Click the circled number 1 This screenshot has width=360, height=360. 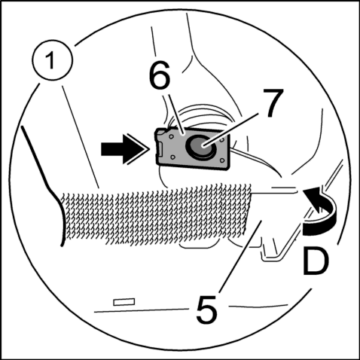(52, 60)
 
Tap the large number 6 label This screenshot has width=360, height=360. (160, 75)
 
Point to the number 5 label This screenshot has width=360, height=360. (206, 310)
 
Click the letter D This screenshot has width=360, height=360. (316, 261)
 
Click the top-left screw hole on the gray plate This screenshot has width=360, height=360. (171, 137)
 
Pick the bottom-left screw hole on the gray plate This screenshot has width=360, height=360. (172, 157)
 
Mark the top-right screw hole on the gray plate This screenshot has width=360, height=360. (222, 141)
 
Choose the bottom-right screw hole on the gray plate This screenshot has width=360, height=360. (221, 160)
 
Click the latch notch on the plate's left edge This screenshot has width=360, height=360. (160, 149)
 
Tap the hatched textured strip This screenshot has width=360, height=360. (157, 213)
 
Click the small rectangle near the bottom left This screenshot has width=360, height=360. (124, 302)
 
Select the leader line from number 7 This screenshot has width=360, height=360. (230, 129)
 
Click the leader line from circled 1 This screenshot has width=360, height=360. (81, 137)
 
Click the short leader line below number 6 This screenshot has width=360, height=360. (175, 114)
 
